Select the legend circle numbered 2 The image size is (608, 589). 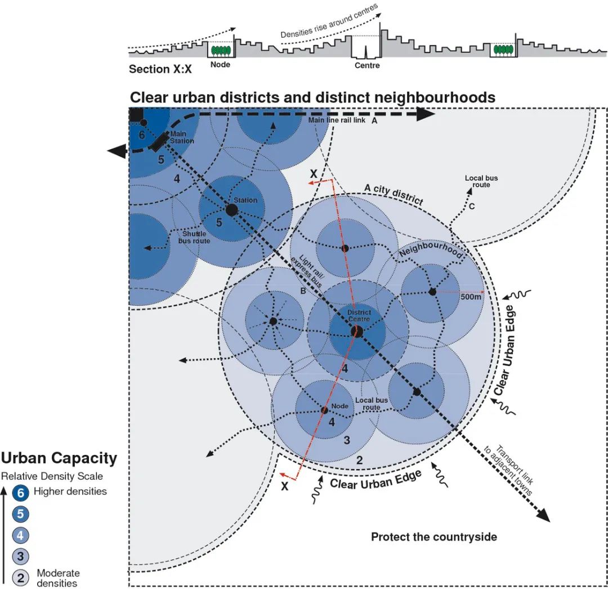pyautogui.click(x=21, y=578)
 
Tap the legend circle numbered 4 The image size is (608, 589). pyautogui.click(x=21, y=536)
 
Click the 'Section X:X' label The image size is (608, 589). pyautogui.click(x=160, y=69)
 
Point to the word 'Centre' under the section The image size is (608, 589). pyautogui.click(x=367, y=65)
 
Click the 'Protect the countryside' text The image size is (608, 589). pyautogui.click(x=433, y=537)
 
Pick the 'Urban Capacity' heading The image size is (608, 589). pyautogui.click(x=59, y=458)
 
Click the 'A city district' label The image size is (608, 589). pyautogui.click(x=394, y=194)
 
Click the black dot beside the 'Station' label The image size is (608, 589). pyautogui.click(x=231, y=209)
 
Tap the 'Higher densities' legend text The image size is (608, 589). pyautogui.click(x=70, y=491)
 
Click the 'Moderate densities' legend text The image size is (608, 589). pyautogui.click(x=58, y=578)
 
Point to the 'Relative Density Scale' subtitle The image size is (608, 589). pyautogui.click(x=52, y=476)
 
